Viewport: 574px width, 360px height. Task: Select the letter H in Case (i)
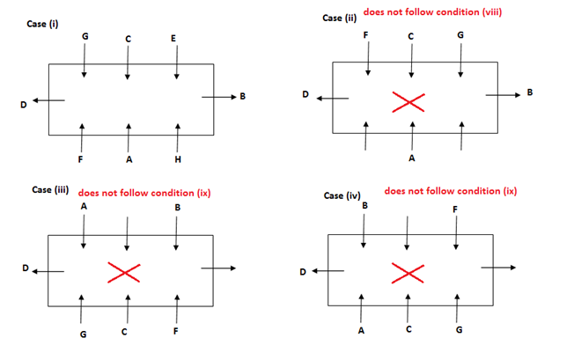pyautogui.click(x=179, y=159)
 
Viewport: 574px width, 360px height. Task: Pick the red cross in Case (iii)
pyautogui.click(x=123, y=273)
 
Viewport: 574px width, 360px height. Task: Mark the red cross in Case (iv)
pyautogui.click(x=407, y=273)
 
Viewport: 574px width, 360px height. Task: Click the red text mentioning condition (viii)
pyautogui.click(x=431, y=13)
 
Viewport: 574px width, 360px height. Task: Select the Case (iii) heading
pyautogui.click(x=49, y=190)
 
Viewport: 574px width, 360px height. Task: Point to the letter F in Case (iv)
pyautogui.click(x=455, y=209)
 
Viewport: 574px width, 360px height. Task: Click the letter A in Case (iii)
pyautogui.click(x=83, y=206)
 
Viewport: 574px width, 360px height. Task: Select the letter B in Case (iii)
pyautogui.click(x=178, y=208)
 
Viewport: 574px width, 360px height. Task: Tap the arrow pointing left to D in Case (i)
pyautogui.click(x=50, y=99)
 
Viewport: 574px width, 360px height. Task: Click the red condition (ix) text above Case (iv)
pyautogui.click(x=451, y=191)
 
